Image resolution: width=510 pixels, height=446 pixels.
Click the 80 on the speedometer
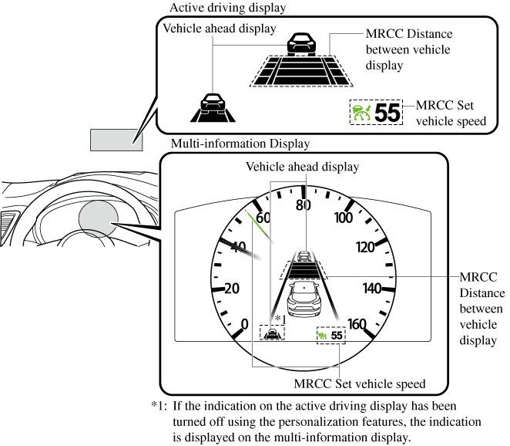303,205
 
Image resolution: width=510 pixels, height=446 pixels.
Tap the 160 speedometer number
357,324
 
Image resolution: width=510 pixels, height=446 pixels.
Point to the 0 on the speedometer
245,324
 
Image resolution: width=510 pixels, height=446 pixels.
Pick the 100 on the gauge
343,217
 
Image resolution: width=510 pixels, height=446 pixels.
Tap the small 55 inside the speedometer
337,336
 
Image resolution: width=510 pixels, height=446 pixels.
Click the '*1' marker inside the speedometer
280,319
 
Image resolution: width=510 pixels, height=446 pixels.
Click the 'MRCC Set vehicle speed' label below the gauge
360,383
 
